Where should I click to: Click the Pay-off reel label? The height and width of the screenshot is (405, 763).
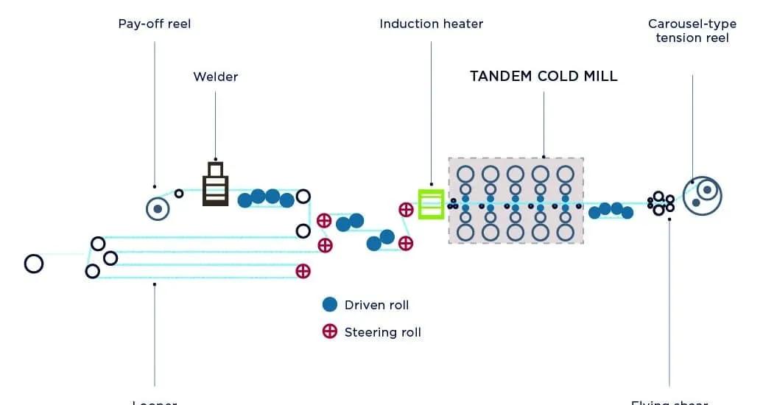(x=155, y=24)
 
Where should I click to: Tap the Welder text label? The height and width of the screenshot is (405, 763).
(x=216, y=77)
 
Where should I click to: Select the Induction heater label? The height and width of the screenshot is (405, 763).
(x=431, y=24)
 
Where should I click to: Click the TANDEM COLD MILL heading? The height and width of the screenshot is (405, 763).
(x=544, y=76)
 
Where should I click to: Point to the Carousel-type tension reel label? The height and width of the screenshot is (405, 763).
(x=692, y=30)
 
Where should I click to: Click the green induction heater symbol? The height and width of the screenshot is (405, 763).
(x=431, y=204)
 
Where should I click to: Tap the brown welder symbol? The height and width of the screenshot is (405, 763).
(x=215, y=184)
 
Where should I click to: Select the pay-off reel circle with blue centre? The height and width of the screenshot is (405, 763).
(x=158, y=209)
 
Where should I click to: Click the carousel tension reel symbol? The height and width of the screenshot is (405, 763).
(x=702, y=195)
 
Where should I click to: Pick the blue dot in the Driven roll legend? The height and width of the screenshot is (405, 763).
(x=330, y=304)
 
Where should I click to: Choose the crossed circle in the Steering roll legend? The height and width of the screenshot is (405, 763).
(x=330, y=331)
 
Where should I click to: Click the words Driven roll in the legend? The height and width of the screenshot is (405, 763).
(x=376, y=305)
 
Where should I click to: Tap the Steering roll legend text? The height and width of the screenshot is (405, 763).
(x=382, y=332)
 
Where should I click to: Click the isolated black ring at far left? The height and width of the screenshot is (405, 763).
(x=33, y=264)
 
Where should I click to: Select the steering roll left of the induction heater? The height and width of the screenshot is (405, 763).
(x=406, y=210)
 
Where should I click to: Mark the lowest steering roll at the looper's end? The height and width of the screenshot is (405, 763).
(x=303, y=271)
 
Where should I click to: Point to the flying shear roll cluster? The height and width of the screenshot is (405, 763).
(x=661, y=202)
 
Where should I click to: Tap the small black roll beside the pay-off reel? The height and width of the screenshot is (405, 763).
(x=178, y=193)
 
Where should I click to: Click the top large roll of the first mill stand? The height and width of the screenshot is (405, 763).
(x=465, y=175)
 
